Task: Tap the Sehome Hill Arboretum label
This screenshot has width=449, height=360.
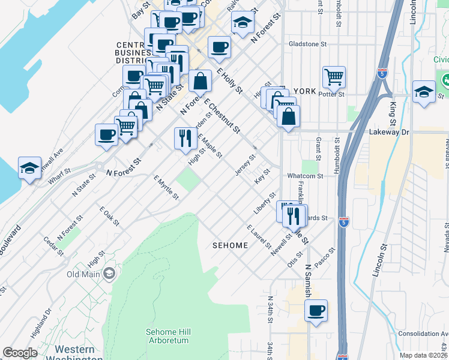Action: [167, 336]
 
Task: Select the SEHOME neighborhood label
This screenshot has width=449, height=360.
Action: [231, 245]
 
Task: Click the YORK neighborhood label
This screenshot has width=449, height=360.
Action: [305, 91]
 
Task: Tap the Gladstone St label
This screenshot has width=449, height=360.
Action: [307, 44]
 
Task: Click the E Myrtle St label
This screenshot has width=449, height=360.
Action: [166, 188]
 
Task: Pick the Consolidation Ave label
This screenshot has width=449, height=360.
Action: [423, 334]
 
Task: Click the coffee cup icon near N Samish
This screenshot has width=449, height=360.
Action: [316, 311]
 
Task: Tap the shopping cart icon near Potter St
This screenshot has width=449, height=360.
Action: [334, 77]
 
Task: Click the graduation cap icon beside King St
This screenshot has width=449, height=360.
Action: [424, 92]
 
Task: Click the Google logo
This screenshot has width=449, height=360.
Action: [20, 353]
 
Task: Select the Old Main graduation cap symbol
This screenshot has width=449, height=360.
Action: [109, 274]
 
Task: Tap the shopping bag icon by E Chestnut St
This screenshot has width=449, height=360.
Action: [200, 81]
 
